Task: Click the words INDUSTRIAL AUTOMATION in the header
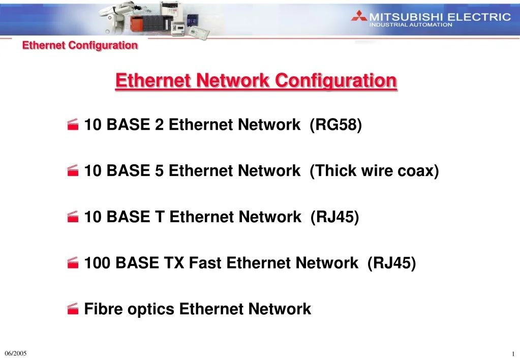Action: [411, 24]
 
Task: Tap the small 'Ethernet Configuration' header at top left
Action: [80, 45]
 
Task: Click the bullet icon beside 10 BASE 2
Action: [73, 125]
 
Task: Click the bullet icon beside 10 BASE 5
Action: [73, 171]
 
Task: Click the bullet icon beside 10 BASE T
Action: [73, 218]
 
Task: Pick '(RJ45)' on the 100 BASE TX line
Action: [392, 263]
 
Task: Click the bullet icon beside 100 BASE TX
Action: [73, 263]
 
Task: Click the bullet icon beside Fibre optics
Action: [73, 309]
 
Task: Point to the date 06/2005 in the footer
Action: [15, 353]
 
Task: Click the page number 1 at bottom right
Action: [513, 354]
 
